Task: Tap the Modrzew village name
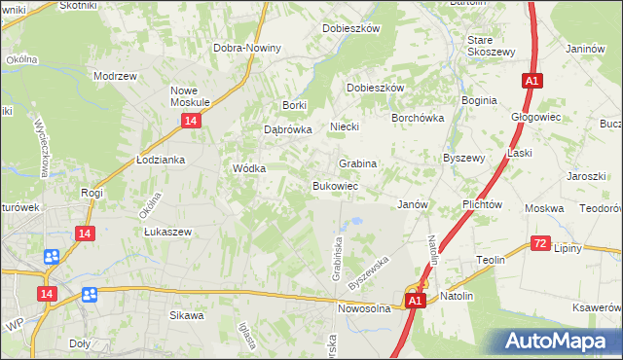coord(113,75)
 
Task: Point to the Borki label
coord(294,105)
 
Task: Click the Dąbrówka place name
coord(287,128)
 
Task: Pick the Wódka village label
coord(249,167)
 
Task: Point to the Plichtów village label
coord(482,205)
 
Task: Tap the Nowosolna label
coord(364,308)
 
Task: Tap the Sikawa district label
coord(187,315)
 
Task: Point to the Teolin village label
coord(490,260)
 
